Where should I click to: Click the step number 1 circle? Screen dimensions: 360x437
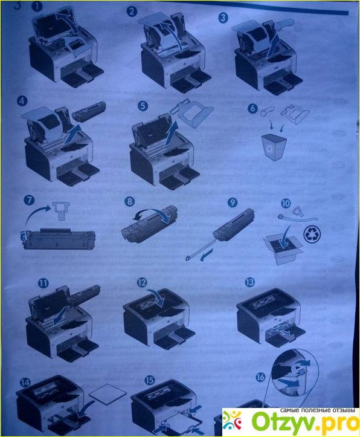pyautogui.click(x=36, y=7)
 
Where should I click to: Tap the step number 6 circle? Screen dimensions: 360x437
pyautogui.click(x=252, y=108)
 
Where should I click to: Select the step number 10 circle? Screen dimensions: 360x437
pyautogui.click(x=286, y=204)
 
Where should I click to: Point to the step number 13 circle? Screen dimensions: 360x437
pyautogui.click(x=249, y=283)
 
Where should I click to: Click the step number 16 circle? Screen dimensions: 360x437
pyautogui.click(x=260, y=377)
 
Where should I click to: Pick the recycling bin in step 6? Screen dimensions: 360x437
pyautogui.click(x=274, y=147)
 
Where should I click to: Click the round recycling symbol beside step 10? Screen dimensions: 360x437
pyautogui.click(x=312, y=234)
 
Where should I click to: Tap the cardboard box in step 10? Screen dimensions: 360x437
pyautogui.click(x=283, y=250)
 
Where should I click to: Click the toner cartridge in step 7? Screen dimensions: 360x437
pyautogui.click(x=58, y=239)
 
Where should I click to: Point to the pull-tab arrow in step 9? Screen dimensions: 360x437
pyautogui.click(x=207, y=255)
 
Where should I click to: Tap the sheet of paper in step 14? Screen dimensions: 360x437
pyautogui.click(x=108, y=393)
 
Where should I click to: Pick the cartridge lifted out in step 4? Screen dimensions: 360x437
pyautogui.click(x=89, y=112)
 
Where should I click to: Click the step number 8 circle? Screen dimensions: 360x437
pyautogui.click(x=130, y=201)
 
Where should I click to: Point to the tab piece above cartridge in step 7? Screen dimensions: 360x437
pyautogui.click(x=60, y=210)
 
